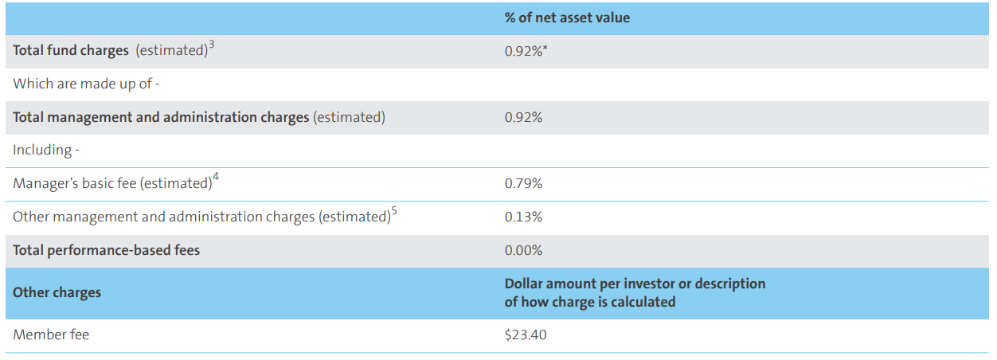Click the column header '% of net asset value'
tap(567, 18)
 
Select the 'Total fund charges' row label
tap(71, 51)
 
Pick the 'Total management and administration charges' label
tap(161, 117)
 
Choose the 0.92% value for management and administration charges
tap(523, 117)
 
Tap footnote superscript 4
tap(215, 178)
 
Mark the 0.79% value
tap(523, 184)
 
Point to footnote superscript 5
tap(393, 212)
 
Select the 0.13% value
tap(523, 217)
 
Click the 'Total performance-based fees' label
tap(107, 250)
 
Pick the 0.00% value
tap(523, 250)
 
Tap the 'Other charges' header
tap(57, 292)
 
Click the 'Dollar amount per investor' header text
tap(635, 284)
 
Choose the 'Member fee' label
tap(51, 335)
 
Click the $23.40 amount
tap(526, 335)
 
